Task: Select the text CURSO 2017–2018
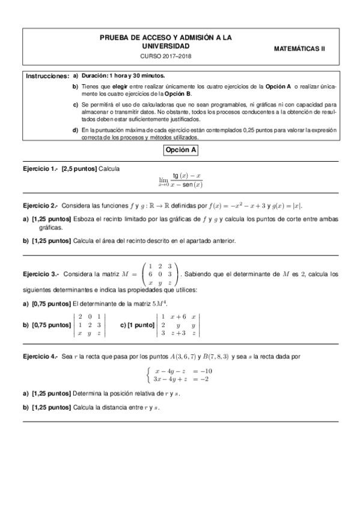point(165,56)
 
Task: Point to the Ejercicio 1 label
point(39,169)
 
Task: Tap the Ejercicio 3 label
point(40,274)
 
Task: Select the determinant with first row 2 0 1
point(89,325)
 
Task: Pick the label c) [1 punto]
point(136,325)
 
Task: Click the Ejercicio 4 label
point(40,356)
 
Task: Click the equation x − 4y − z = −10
point(183,370)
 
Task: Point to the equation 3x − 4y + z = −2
point(183,379)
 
